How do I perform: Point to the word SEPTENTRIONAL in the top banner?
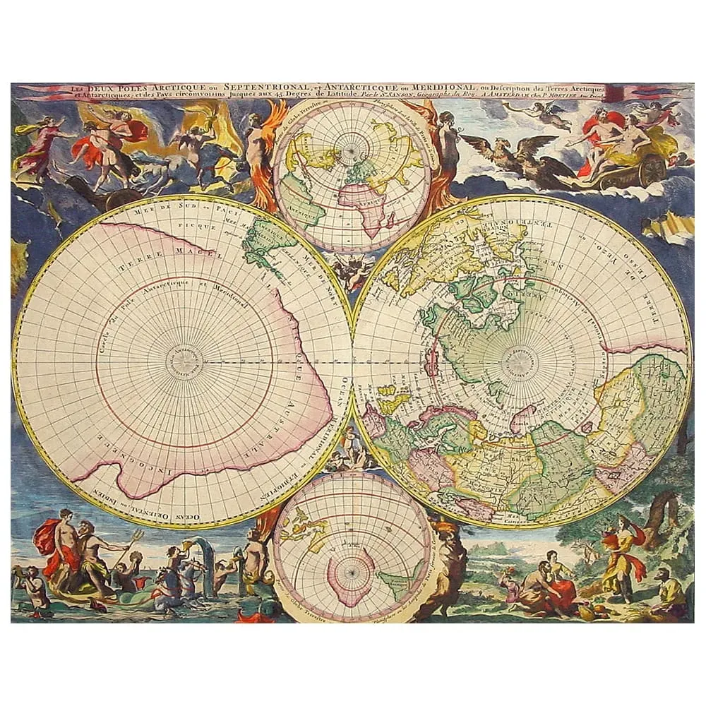(x=241, y=88)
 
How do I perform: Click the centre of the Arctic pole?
(x=522, y=361)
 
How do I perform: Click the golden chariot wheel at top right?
(x=650, y=170)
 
